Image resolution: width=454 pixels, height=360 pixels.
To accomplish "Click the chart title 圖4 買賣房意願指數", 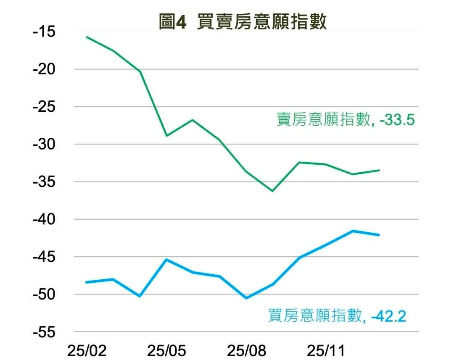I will click(243, 22).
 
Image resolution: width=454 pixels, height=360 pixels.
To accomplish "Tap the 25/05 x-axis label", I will click(166, 350).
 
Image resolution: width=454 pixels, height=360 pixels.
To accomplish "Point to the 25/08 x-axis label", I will click(246, 350).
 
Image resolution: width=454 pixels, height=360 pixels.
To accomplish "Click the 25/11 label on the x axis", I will click(326, 350).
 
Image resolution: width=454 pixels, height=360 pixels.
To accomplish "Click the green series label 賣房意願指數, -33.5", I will click(346, 120).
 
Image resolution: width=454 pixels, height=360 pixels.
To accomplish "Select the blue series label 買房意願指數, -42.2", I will click(337, 315).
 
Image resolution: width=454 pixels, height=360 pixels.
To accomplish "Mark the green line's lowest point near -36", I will click(272, 191).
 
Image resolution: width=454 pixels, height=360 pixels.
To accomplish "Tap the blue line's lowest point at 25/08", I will click(246, 298).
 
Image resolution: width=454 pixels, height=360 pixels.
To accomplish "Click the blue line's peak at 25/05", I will click(166, 260).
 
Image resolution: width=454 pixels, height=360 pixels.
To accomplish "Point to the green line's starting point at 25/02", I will click(87, 37).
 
